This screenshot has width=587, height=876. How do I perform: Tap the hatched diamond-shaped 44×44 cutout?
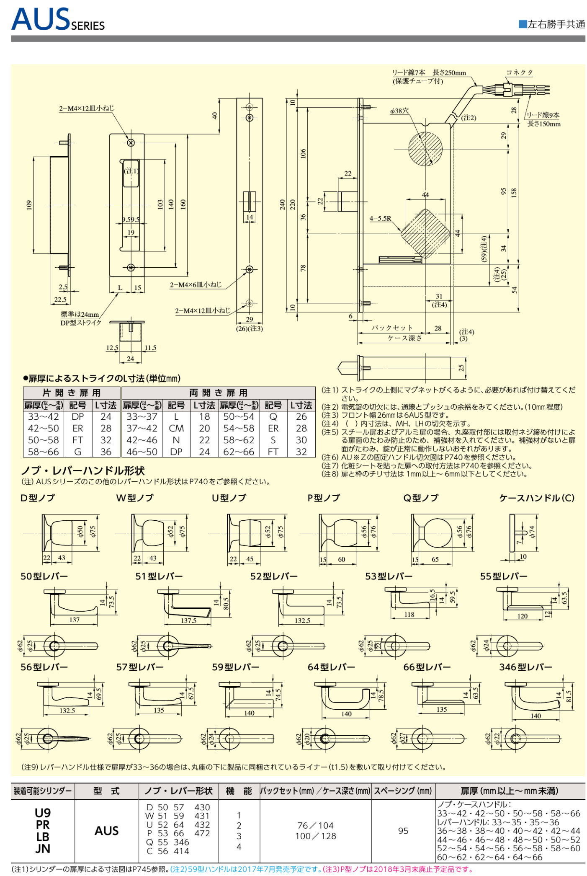pos(425,234)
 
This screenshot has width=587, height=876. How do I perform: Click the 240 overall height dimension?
pos(283,204)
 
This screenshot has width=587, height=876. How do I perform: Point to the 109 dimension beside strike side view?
pos(29,205)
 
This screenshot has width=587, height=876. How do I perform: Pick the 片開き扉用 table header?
pos(72,393)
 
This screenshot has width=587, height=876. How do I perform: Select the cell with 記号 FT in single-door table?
pos(77,440)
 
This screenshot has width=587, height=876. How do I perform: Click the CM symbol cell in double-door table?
pos(176,428)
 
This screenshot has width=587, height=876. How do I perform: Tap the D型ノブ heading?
pos(38,498)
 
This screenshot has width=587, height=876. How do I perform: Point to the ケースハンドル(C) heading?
pos(536,498)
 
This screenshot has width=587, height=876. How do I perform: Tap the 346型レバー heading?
pos(525,667)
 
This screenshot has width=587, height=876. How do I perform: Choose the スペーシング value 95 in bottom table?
pos(403,831)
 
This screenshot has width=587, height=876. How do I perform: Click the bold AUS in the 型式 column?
pos(106,831)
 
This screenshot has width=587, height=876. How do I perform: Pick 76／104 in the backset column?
pos(315,826)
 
